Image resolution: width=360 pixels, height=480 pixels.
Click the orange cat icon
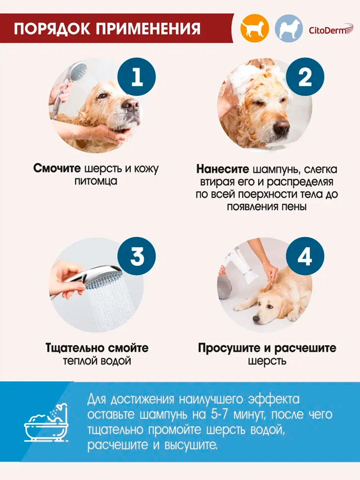255,28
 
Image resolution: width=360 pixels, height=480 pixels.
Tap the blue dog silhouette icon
289,28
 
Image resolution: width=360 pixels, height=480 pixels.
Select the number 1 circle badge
137,76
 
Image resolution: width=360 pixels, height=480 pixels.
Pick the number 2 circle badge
305,76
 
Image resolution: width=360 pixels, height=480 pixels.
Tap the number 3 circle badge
137,256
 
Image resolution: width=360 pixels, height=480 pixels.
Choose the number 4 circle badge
305,256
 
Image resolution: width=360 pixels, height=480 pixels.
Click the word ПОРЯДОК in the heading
52,29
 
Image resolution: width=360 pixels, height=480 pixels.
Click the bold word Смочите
57,168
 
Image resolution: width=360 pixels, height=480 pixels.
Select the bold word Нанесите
223,170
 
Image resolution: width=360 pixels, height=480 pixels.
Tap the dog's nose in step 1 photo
131,104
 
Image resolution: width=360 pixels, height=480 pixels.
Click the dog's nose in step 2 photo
282,127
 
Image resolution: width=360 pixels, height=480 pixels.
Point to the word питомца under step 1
96,181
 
